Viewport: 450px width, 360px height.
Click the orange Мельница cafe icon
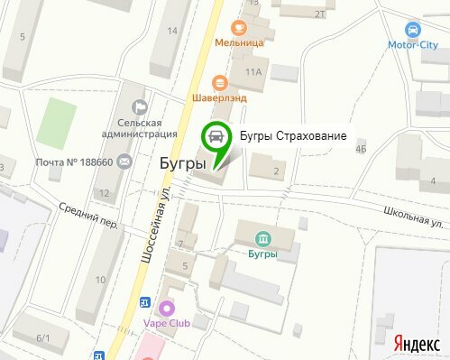[238, 27]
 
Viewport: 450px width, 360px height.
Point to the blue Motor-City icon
[413, 28]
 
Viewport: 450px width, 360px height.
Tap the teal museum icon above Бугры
[262, 238]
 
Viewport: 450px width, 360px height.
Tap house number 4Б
[362, 150]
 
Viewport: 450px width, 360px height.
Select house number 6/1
[42, 337]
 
